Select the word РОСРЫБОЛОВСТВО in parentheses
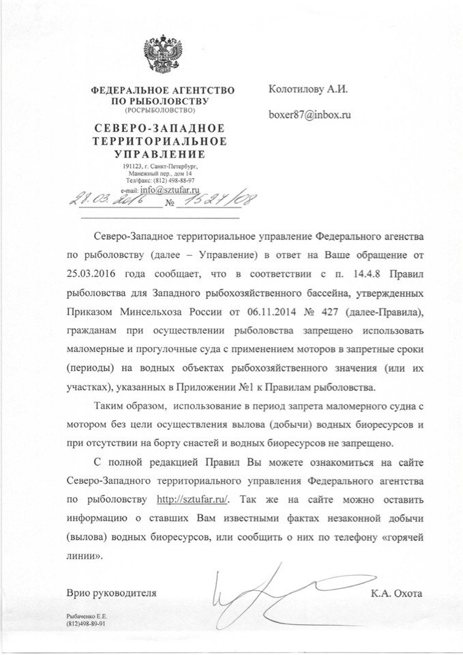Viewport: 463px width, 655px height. pyautogui.click(x=160, y=109)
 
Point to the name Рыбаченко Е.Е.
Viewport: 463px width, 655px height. pyautogui.click(x=88, y=616)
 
